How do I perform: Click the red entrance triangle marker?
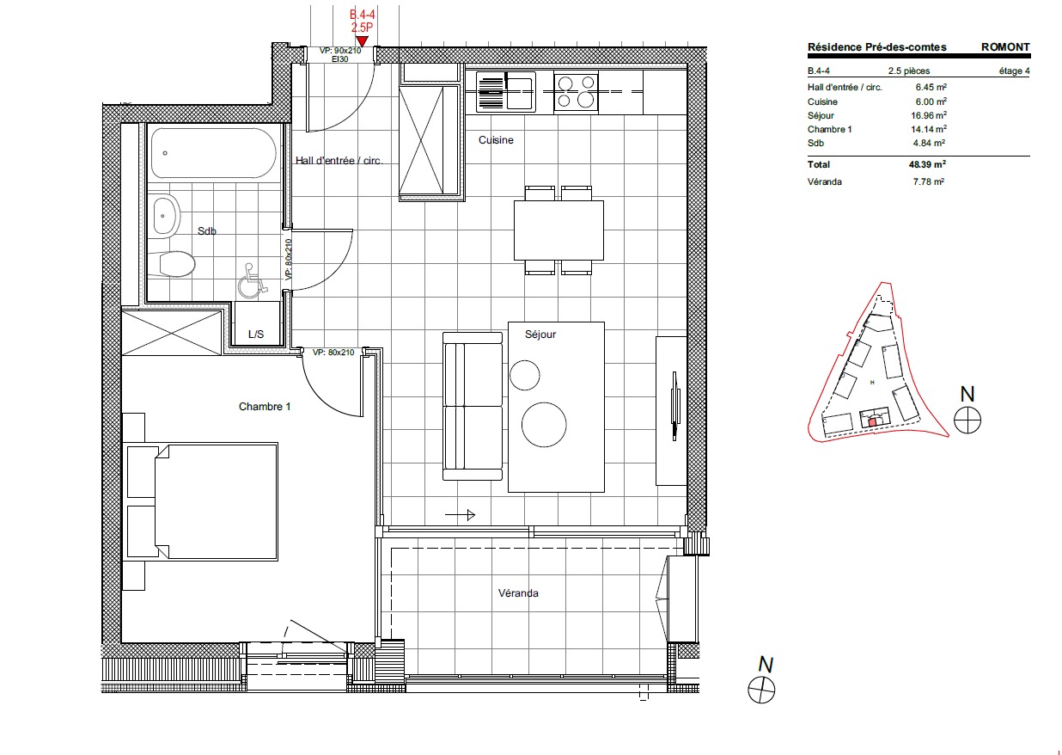pyautogui.click(x=363, y=41)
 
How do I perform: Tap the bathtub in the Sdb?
pyautogui.click(x=213, y=153)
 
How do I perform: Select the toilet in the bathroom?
pyautogui.click(x=172, y=264)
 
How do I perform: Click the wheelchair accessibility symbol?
pyautogui.click(x=252, y=280)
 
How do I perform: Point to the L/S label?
pyautogui.click(x=256, y=335)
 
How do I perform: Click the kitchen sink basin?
pyautogui.click(x=520, y=92)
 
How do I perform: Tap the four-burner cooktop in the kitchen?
pyautogui.click(x=576, y=92)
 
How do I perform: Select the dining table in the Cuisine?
pyautogui.click(x=558, y=230)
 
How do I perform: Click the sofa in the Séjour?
pyautogui.click(x=473, y=406)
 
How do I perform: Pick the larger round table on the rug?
pyautogui.click(x=544, y=424)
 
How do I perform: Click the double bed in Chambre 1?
pyautogui.click(x=200, y=501)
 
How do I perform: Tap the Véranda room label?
pyautogui.click(x=518, y=593)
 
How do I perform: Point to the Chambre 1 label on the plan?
pyautogui.click(x=265, y=407)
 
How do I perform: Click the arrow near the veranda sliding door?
pyautogui.click(x=460, y=514)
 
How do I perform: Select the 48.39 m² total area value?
pyautogui.click(x=927, y=164)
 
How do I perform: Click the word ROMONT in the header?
pyautogui.click(x=1005, y=47)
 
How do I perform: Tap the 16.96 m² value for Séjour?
pyautogui.click(x=929, y=115)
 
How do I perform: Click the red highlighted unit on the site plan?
pyautogui.click(x=872, y=421)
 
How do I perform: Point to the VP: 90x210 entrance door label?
pyautogui.click(x=340, y=51)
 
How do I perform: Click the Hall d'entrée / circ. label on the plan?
pyautogui.click(x=339, y=161)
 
